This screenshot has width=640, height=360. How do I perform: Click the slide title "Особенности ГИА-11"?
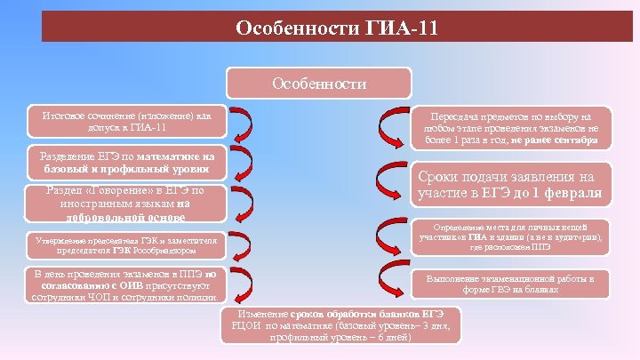pos(337,28)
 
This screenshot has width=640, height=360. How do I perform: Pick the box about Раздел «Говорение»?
pos(124,203)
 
